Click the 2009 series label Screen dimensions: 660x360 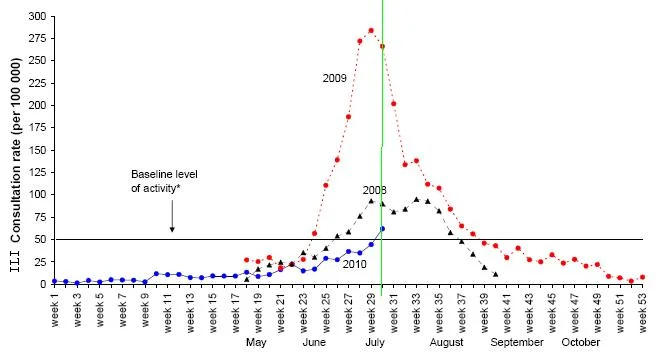[335, 78]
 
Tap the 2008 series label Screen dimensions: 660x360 [375, 190]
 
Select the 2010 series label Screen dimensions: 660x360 [354, 264]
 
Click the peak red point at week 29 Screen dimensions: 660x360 [371, 30]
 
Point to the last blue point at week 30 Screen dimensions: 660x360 [382, 229]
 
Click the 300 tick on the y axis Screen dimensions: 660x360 [37, 16]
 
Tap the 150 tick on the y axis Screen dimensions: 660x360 [37, 150]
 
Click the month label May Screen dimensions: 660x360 [256, 342]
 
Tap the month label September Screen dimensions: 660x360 [517, 343]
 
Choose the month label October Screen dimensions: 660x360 [580, 342]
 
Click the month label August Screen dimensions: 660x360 [446, 343]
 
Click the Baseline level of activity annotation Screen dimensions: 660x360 [164, 181]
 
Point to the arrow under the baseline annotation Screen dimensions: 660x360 [172, 216]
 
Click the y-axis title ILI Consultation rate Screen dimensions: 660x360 [15, 165]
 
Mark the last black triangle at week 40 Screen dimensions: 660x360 [495, 274]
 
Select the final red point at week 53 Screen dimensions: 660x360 [642, 277]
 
